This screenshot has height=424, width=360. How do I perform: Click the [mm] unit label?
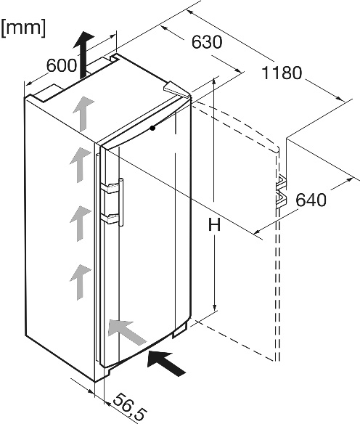point(23,28)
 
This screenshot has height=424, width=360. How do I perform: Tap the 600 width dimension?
point(62,65)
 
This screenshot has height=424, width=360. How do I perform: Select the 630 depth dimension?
point(207,42)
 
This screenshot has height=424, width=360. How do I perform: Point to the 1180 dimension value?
point(282,73)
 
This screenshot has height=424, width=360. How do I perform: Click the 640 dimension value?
point(311,200)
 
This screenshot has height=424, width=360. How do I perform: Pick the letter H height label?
point(215,225)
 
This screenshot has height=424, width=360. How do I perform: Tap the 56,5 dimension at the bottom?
point(129,407)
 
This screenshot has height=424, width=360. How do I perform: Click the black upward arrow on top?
point(83,54)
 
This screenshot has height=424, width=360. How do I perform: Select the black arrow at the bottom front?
point(166,362)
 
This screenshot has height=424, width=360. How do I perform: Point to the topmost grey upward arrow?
point(83,113)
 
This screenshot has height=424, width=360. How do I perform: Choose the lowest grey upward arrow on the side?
point(81,282)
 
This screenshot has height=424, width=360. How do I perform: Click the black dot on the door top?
point(153,129)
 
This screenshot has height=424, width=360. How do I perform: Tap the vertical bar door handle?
point(121,202)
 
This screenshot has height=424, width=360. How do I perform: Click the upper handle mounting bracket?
point(110,188)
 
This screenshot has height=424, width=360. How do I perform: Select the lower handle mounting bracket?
point(110,219)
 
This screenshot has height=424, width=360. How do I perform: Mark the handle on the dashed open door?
point(282,192)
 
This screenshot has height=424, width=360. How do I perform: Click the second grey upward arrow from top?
point(81,165)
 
